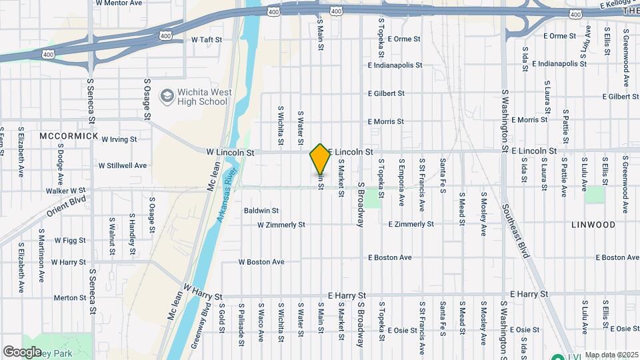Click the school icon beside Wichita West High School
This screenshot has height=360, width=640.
pos(165,97)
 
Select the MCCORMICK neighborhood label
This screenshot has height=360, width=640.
pos(69,136)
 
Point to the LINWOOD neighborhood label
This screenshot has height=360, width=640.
pos(593,225)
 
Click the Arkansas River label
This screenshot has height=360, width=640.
pos(228,195)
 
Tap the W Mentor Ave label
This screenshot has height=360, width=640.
pos(119,3)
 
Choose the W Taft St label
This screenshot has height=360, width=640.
pos(206,39)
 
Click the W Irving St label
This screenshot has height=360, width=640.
pos(119,139)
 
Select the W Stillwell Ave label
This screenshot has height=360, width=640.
pos(123,165)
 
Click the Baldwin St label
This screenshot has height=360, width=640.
pos(260,211)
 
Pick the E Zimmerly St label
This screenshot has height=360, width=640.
pos(411,224)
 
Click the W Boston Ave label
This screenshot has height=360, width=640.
pos(261,262)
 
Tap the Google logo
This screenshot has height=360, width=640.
pos(22,351)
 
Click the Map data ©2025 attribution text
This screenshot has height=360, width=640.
pos(610,355)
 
